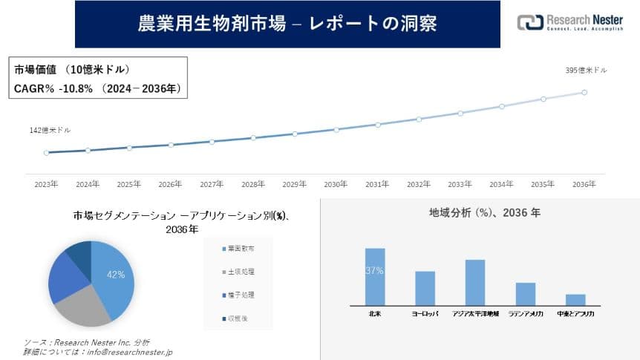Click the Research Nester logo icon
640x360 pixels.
click(x=530, y=22)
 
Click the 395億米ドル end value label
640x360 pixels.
click(x=587, y=70)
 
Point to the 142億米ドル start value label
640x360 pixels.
click(x=50, y=130)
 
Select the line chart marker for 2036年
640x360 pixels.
click(x=585, y=92)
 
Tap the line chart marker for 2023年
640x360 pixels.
click(x=46, y=153)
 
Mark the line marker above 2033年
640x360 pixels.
click(x=460, y=113)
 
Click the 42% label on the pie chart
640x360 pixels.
click(x=116, y=275)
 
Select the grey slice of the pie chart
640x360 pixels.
click(x=82, y=305)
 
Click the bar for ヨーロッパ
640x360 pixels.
click(x=425, y=288)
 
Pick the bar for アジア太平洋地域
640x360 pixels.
click(x=475, y=282)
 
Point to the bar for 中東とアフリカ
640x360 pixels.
click(x=575, y=299)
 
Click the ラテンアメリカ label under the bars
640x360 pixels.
click(x=526, y=314)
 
